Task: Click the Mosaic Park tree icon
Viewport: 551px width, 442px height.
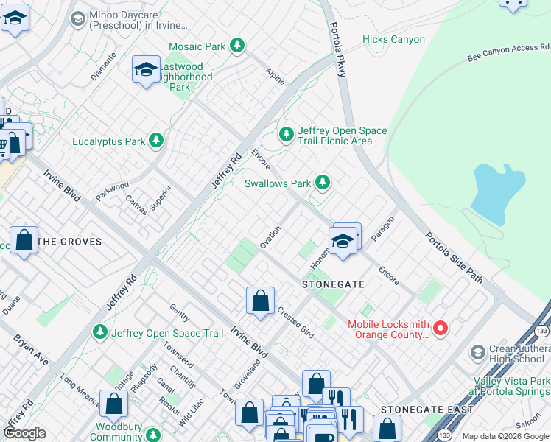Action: click(x=237, y=46)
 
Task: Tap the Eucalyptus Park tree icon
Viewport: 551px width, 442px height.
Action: click(x=155, y=140)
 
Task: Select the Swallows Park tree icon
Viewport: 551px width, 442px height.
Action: click(x=322, y=182)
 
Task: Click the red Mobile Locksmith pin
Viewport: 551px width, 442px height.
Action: click(x=441, y=328)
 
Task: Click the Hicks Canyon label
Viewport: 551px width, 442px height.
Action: click(x=393, y=40)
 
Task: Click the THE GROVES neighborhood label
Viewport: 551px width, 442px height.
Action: click(x=69, y=241)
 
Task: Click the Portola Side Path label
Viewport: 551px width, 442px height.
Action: click(x=453, y=258)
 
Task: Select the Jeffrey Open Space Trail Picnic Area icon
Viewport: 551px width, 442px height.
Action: click(x=286, y=135)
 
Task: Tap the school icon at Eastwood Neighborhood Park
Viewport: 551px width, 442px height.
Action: click(x=146, y=70)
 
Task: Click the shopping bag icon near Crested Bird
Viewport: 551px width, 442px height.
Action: click(x=260, y=301)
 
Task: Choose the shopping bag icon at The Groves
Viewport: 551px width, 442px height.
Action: click(x=24, y=240)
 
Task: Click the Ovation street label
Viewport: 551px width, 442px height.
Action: click(x=270, y=237)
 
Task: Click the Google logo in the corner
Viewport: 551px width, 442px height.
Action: click(x=25, y=433)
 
